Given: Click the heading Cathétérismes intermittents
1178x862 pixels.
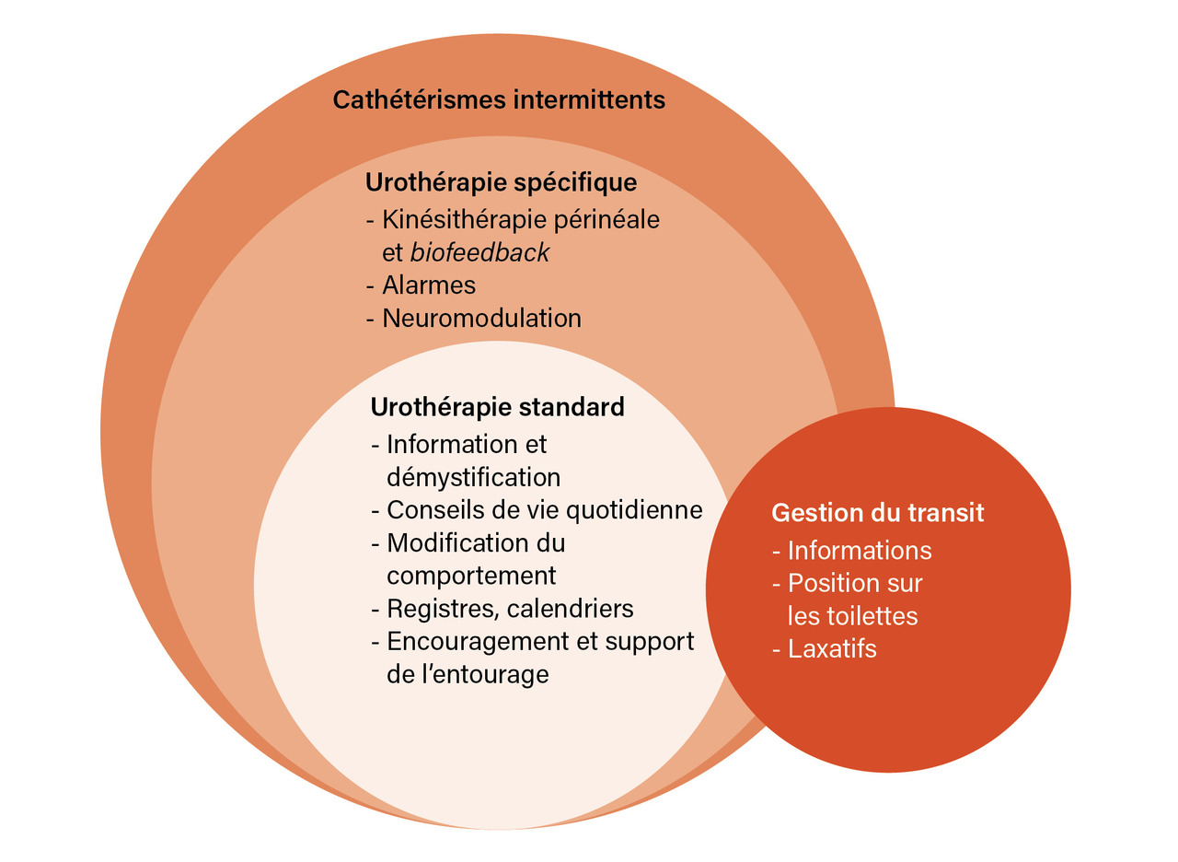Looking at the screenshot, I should [499, 99].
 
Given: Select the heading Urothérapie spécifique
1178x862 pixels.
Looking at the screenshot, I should [501, 181].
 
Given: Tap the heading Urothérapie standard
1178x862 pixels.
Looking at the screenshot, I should [497, 406].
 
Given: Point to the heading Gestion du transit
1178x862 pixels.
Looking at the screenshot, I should [877, 513].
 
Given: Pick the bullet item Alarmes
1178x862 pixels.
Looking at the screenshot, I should [429, 285].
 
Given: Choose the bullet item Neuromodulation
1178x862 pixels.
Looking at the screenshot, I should [481, 318].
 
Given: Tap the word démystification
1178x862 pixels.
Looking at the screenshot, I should [473, 477].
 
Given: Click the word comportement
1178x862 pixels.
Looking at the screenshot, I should [471, 575].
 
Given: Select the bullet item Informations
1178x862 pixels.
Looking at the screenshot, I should [860, 551].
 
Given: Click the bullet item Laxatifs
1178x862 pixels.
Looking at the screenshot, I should [832, 648].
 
